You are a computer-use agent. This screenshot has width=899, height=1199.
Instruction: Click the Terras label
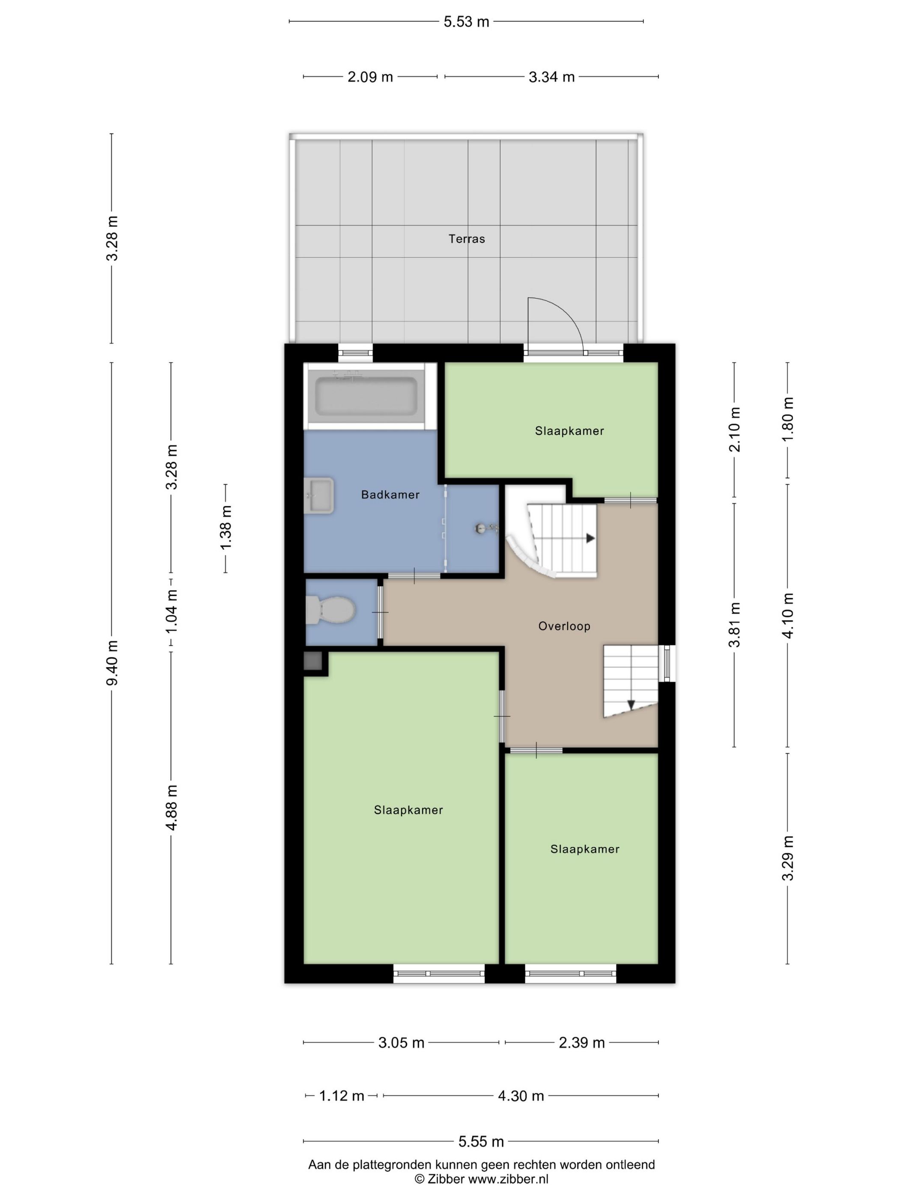466,239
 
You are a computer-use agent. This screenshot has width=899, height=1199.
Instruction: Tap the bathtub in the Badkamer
366,396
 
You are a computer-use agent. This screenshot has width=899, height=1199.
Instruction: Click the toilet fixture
330,609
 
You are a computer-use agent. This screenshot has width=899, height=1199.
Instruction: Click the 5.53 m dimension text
466,22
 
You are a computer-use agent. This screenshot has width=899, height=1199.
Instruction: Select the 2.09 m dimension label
370,77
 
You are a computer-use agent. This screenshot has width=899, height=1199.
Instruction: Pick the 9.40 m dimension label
112,662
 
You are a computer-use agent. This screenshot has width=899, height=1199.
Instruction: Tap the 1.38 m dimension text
226,528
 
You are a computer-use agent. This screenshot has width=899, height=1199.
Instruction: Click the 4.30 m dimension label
521,1095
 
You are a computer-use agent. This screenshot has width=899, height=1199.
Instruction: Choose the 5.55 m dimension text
481,1142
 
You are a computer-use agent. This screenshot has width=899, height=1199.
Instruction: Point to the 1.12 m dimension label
341,1095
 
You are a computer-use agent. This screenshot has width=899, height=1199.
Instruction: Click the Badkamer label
390,494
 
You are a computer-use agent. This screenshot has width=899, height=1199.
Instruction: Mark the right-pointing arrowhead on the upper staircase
591,538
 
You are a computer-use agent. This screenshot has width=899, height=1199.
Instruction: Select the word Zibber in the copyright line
446,1178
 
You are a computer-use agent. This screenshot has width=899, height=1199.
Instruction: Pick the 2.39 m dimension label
581,1042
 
